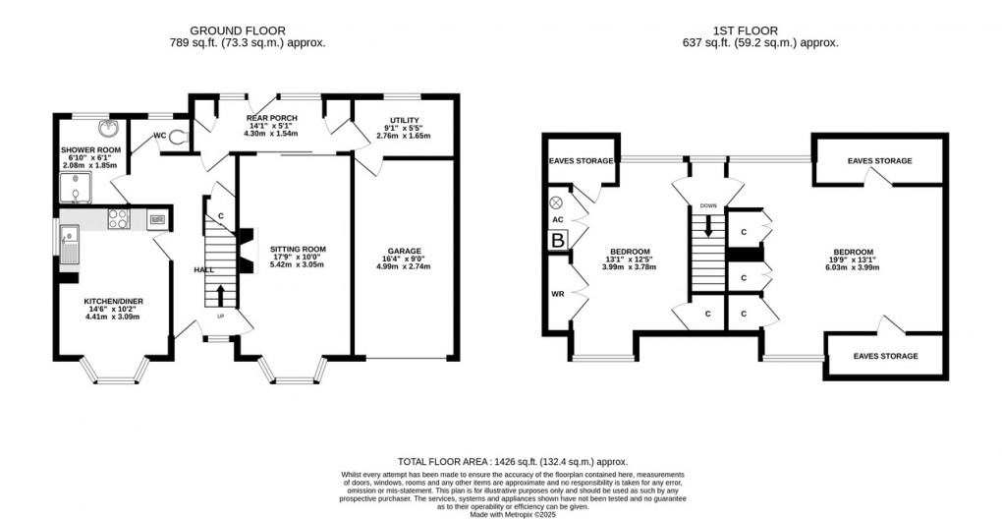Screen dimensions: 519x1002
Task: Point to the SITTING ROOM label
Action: pyautogui.click(x=298, y=250)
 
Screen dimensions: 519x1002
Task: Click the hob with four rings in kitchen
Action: pyautogui.click(x=119, y=219)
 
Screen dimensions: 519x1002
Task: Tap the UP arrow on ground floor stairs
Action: pyautogui.click(x=219, y=294)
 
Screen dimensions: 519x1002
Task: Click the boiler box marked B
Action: pyautogui.click(x=558, y=239)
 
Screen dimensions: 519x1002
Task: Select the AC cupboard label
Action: pyautogui.click(x=558, y=220)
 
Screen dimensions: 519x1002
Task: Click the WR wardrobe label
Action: pyautogui.click(x=557, y=293)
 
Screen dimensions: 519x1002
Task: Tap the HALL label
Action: pyautogui.click(x=203, y=269)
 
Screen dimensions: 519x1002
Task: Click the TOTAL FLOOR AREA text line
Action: pyautogui.click(x=512, y=462)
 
